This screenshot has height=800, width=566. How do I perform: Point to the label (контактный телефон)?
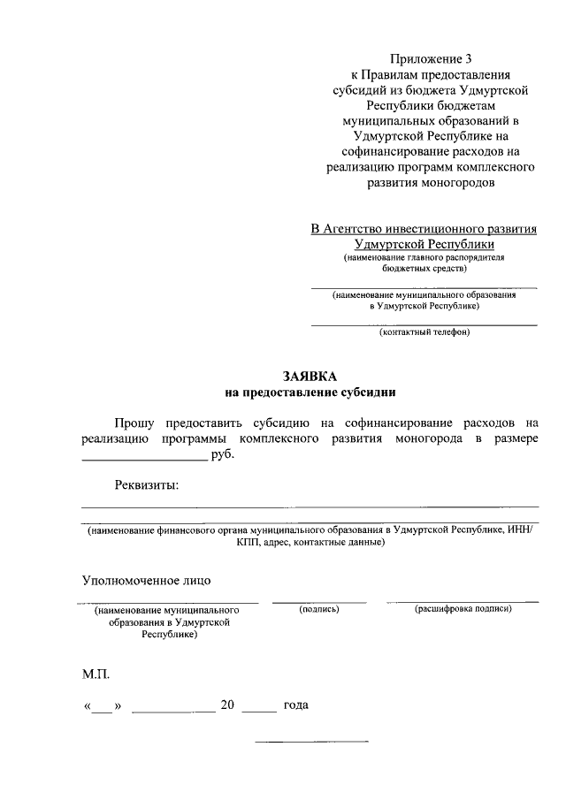(424, 332)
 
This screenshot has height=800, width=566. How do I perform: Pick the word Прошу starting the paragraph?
(136, 423)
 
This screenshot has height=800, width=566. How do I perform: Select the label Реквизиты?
(146, 484)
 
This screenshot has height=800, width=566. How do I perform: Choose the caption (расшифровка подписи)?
(463, 610)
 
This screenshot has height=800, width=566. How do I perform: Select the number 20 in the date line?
(227, 706)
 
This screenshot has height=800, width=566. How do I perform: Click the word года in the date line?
(295, 706)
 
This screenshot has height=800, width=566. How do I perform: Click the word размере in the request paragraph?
(513, 439)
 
